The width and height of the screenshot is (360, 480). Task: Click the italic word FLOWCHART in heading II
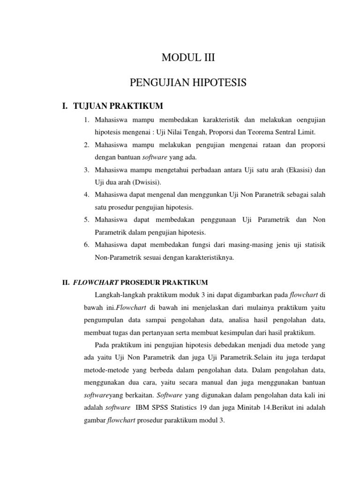tap(97, 282)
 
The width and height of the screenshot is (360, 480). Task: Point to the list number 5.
tap(87, 219)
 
